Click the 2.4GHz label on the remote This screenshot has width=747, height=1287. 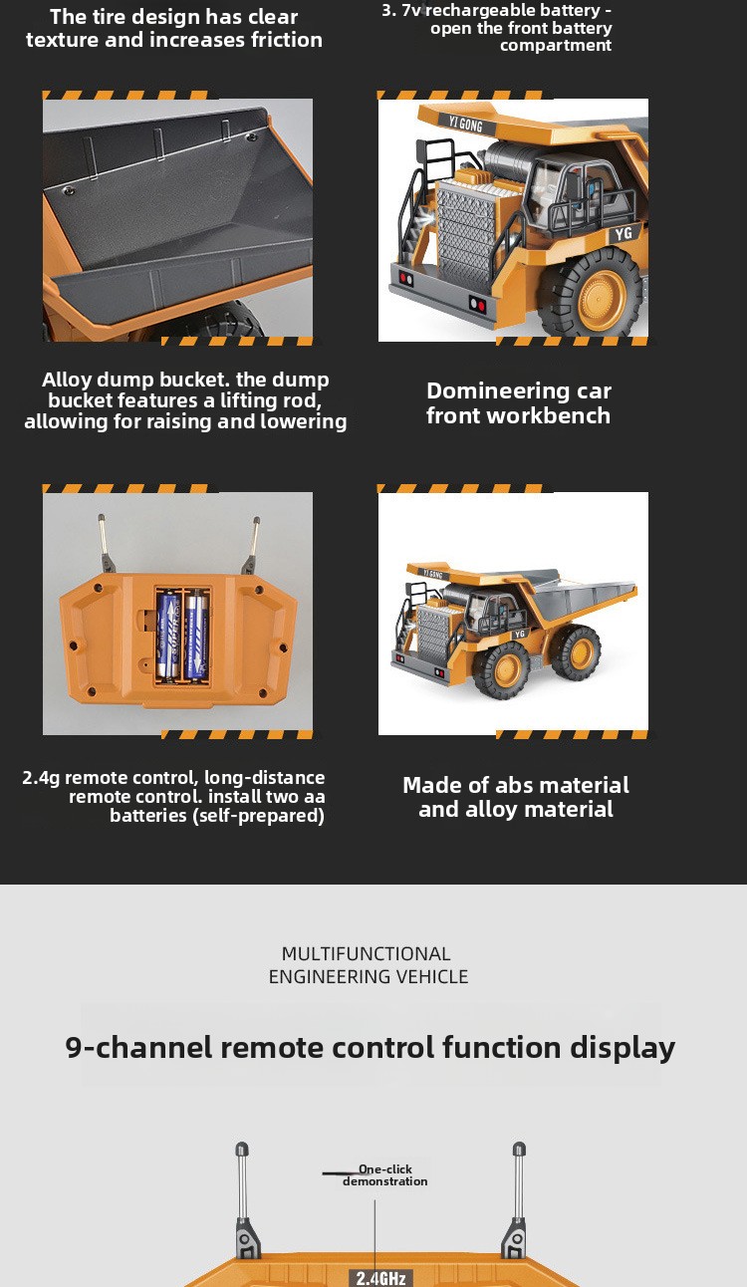pos(380,1278)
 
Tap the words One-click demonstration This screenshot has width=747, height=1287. pos(385,1175)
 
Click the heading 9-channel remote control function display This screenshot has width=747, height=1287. pos(371,1047)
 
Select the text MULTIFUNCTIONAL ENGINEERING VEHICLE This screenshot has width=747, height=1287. pos(369,964)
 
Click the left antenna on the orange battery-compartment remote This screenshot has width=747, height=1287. pos(106,543)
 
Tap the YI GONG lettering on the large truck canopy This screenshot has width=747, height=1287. pos(465,124)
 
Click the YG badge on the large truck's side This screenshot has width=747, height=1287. pos(623,233)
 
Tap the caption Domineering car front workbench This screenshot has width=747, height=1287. pos(518,402)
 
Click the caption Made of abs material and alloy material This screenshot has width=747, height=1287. pos(516,797)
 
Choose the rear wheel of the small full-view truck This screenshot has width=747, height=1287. pos(577,653)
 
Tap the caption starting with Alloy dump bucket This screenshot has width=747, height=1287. pos(185,400)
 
